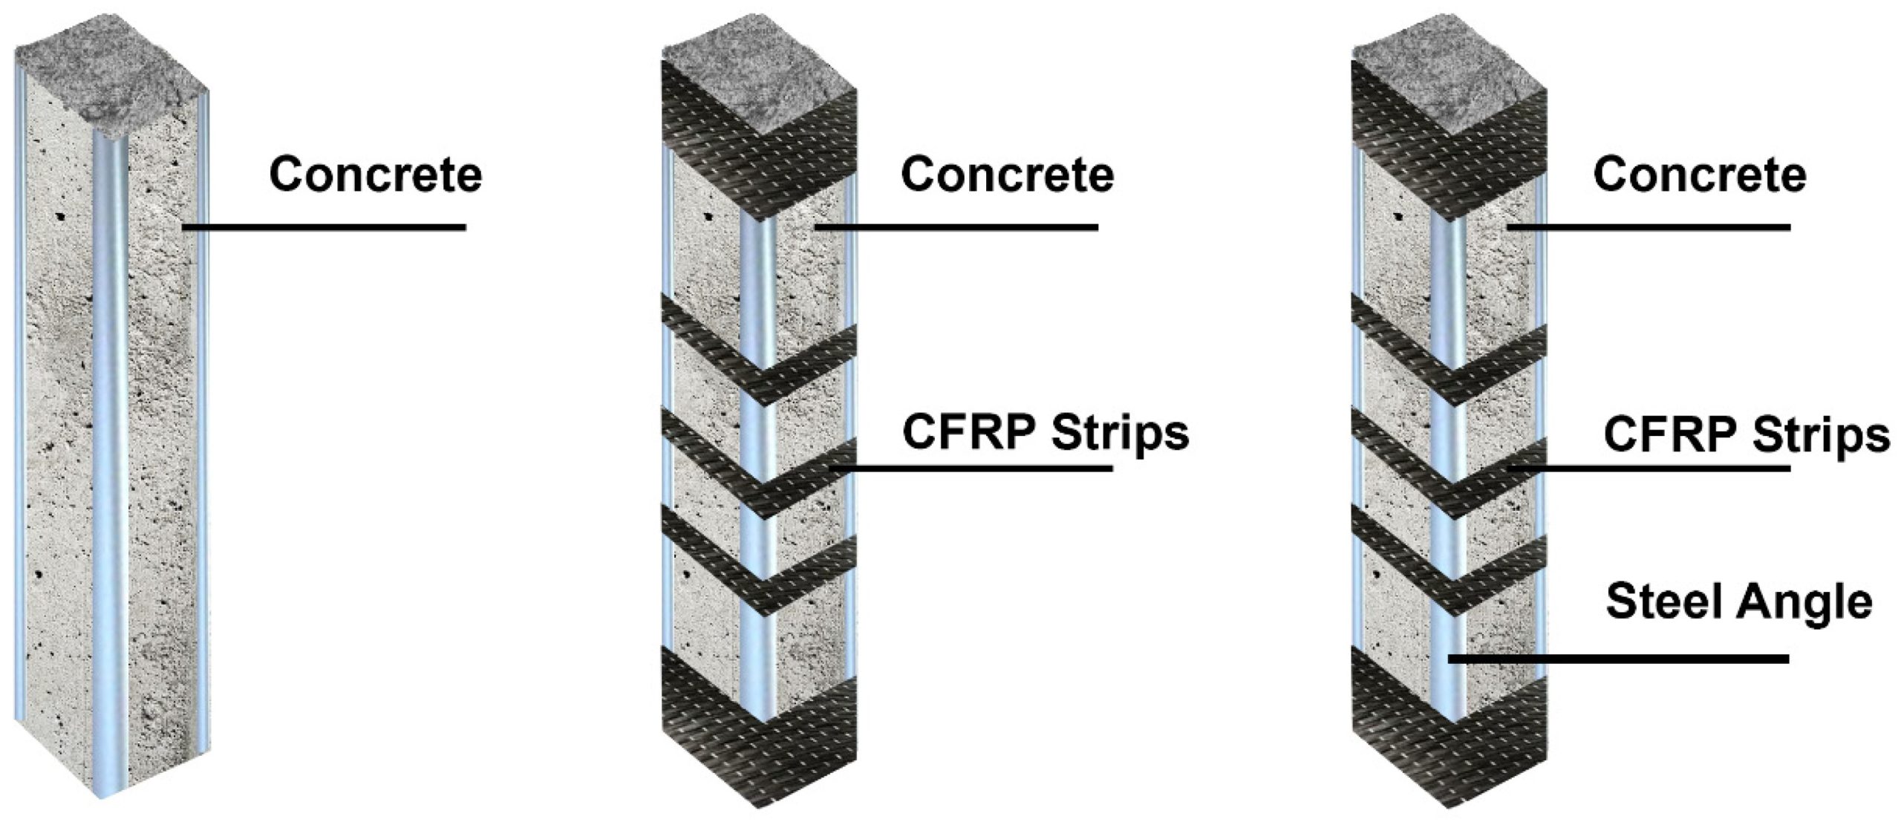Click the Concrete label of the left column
[x=375, y=175]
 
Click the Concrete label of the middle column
[x=1007, y=175]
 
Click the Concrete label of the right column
[x=1700, y=175]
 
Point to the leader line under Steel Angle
[x=1619, y=659]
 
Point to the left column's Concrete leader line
[x=324, y=227]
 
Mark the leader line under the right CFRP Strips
[x=1649, y=468]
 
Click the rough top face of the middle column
[x=757, y=89]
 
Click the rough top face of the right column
[x=1448, y=89]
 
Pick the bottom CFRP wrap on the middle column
[x=757, y=750]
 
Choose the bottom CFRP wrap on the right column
[x=1448, y=750]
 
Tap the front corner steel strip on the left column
[x=110, y=446]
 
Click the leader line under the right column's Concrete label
[x=1649, y=227]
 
